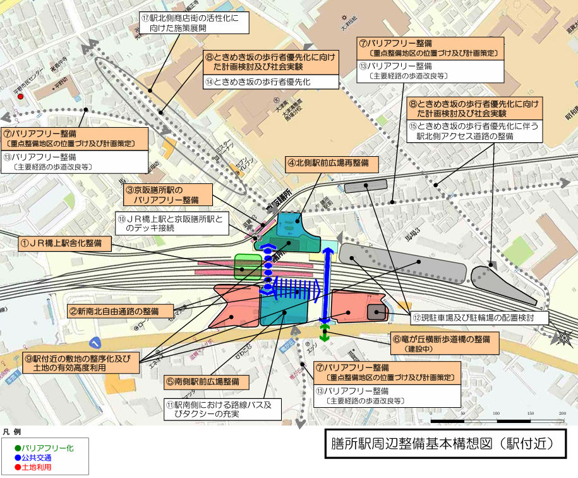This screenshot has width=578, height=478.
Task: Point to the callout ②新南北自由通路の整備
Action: tap(121, 311)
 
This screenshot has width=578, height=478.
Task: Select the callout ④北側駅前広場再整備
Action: tap(332, 163)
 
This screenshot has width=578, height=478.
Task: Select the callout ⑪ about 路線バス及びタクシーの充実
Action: tap(222, 409)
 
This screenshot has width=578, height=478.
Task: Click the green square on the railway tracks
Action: tap(247, 266)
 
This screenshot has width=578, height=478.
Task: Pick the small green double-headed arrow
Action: tap(325, 334)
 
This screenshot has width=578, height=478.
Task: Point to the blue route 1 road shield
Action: tap(95, 343)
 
